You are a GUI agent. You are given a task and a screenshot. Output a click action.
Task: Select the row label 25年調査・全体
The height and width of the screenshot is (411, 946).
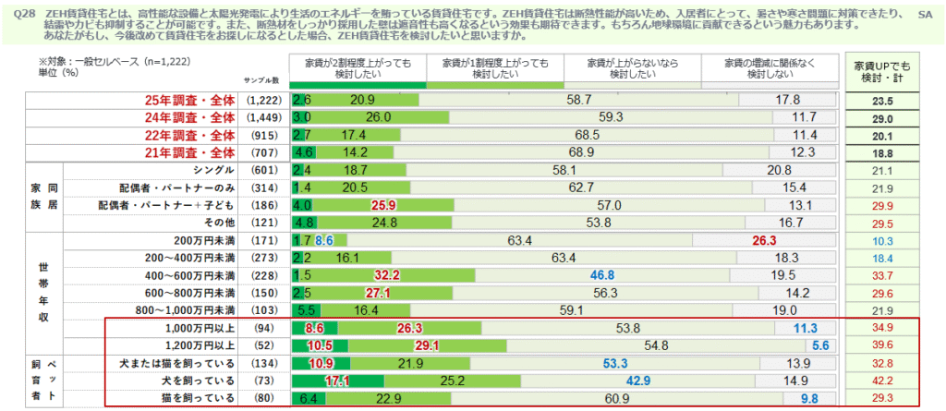(x=190, y=100)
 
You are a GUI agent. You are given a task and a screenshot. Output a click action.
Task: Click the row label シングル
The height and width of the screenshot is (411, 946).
(x=210, y=170)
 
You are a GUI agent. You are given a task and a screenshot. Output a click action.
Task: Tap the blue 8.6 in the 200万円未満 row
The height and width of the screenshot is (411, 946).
(x=323, y=240)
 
